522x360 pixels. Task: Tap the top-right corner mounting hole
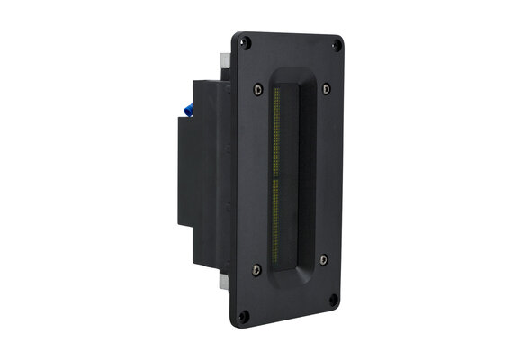click(336, 44)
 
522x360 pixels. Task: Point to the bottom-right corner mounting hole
click(334, 300)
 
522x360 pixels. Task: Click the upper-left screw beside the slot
click(258, 87)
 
